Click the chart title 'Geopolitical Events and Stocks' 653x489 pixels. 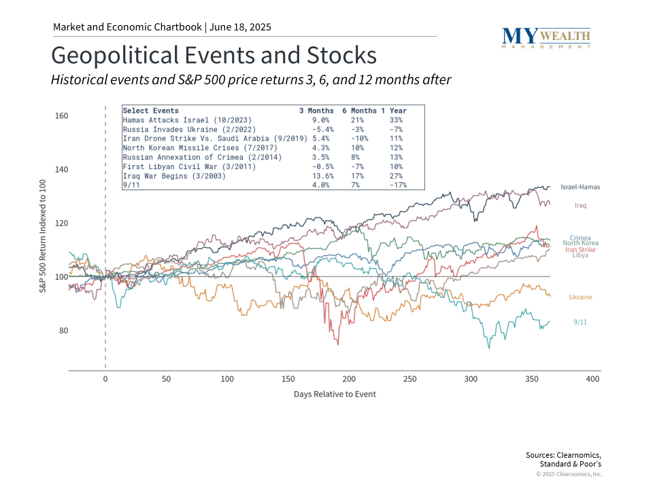[x=214, y=54]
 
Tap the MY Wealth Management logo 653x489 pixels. [x=546, y=37]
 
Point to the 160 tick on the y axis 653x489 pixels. [x=61, y=116]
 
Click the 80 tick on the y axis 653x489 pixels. [x=63, y=331]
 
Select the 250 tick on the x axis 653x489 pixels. [x=409, y=378]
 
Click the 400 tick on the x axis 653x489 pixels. [x=592, y=378]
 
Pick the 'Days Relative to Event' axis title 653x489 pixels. [x=335, y=394]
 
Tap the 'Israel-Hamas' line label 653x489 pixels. [x=580, y=187]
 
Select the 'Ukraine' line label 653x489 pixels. [x=580, y=297]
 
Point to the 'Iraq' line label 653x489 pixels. [x=580, y=204]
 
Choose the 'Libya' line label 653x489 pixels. [x=580, y=255]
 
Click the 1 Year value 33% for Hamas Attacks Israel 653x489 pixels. [x=396, y=120]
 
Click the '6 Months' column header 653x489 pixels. [x=359, y=111]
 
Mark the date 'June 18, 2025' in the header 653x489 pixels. [x=240, y=27]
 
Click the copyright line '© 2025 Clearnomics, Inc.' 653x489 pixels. [x=569, y=474]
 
